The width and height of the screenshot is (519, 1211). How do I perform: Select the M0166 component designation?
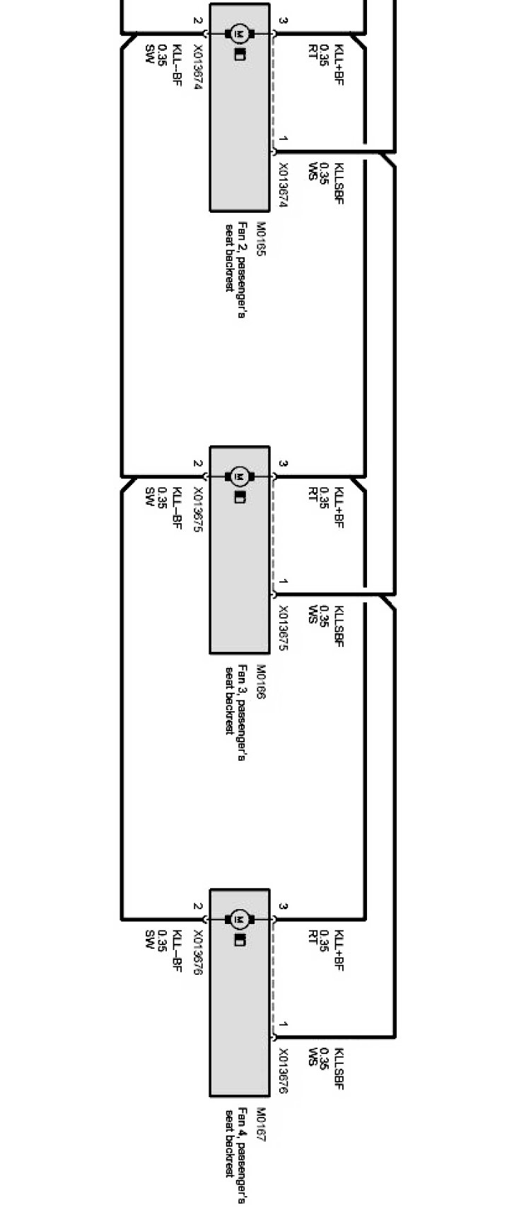tap(259, 681)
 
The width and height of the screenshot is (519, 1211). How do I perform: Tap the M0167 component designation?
tap(259, 1124)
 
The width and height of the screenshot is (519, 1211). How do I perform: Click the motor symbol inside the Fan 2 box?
tap(238, 33)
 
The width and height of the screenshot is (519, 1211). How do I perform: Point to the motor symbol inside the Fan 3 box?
tap(238, 476)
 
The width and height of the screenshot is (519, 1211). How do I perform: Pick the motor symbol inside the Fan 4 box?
tap(238, 919)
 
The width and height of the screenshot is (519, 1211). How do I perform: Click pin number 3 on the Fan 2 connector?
tap(283, 21)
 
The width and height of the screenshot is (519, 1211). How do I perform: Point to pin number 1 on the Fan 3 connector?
tap(283, 582)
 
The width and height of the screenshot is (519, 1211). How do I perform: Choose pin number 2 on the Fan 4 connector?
tap(198, 907)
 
